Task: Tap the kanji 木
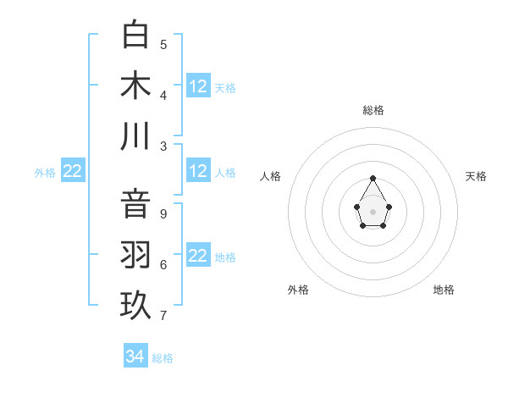pos(136,86)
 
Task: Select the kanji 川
pos(136,136)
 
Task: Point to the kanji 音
pos(136,205)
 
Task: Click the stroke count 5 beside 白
pos(163,45)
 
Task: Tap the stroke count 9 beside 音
pos(163,214)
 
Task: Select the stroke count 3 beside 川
pos(163,146)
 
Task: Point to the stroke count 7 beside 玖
pos(163,316)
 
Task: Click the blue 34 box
pos(135,357)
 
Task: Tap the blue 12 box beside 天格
pos(198,86)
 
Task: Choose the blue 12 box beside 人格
pos(198,171)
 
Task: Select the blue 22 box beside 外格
pos(72,171)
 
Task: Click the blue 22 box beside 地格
pos(198,256)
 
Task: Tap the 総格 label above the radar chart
pos(373,110)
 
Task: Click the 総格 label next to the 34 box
pos(163,358)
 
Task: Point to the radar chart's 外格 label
pos(298,290)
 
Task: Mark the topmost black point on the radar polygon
pos(373,178)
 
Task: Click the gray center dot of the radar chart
pos(373,211)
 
